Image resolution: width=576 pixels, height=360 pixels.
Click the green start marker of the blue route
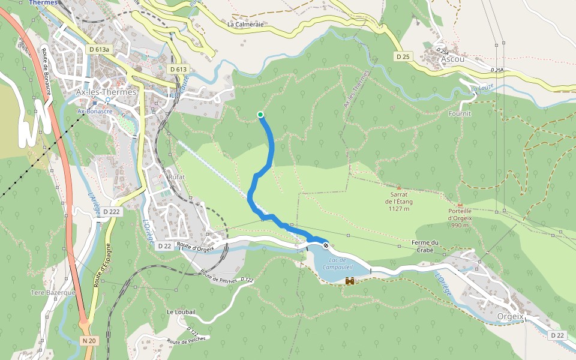[x=260, y=114]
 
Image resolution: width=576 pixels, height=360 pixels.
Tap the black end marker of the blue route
[x=326, y=245]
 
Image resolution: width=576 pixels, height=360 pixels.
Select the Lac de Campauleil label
[x=337, y=263]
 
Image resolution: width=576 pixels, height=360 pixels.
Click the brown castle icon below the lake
[x=350, y=281]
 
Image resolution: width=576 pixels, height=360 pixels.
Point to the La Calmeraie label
[x=246, y=25]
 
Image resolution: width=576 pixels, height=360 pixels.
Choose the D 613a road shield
[x=98, y=49]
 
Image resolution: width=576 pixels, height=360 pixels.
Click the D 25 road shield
[x=403, y=56]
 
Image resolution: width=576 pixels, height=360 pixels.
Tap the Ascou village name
[x=452, y=59]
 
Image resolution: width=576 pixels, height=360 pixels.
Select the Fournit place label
[x=460, y=113]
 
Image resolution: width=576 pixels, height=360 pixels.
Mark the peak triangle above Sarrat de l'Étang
[x=398, y=188]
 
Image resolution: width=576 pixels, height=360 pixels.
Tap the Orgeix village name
[x=511, y=316]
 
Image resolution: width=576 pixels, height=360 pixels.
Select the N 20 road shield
[x=89, y=340]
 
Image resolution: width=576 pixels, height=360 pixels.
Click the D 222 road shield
[x=112, y=212]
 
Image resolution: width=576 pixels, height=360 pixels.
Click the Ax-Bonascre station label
[x=95, y=111]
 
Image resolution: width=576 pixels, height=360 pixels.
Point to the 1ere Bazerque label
[x=53, y=292]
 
